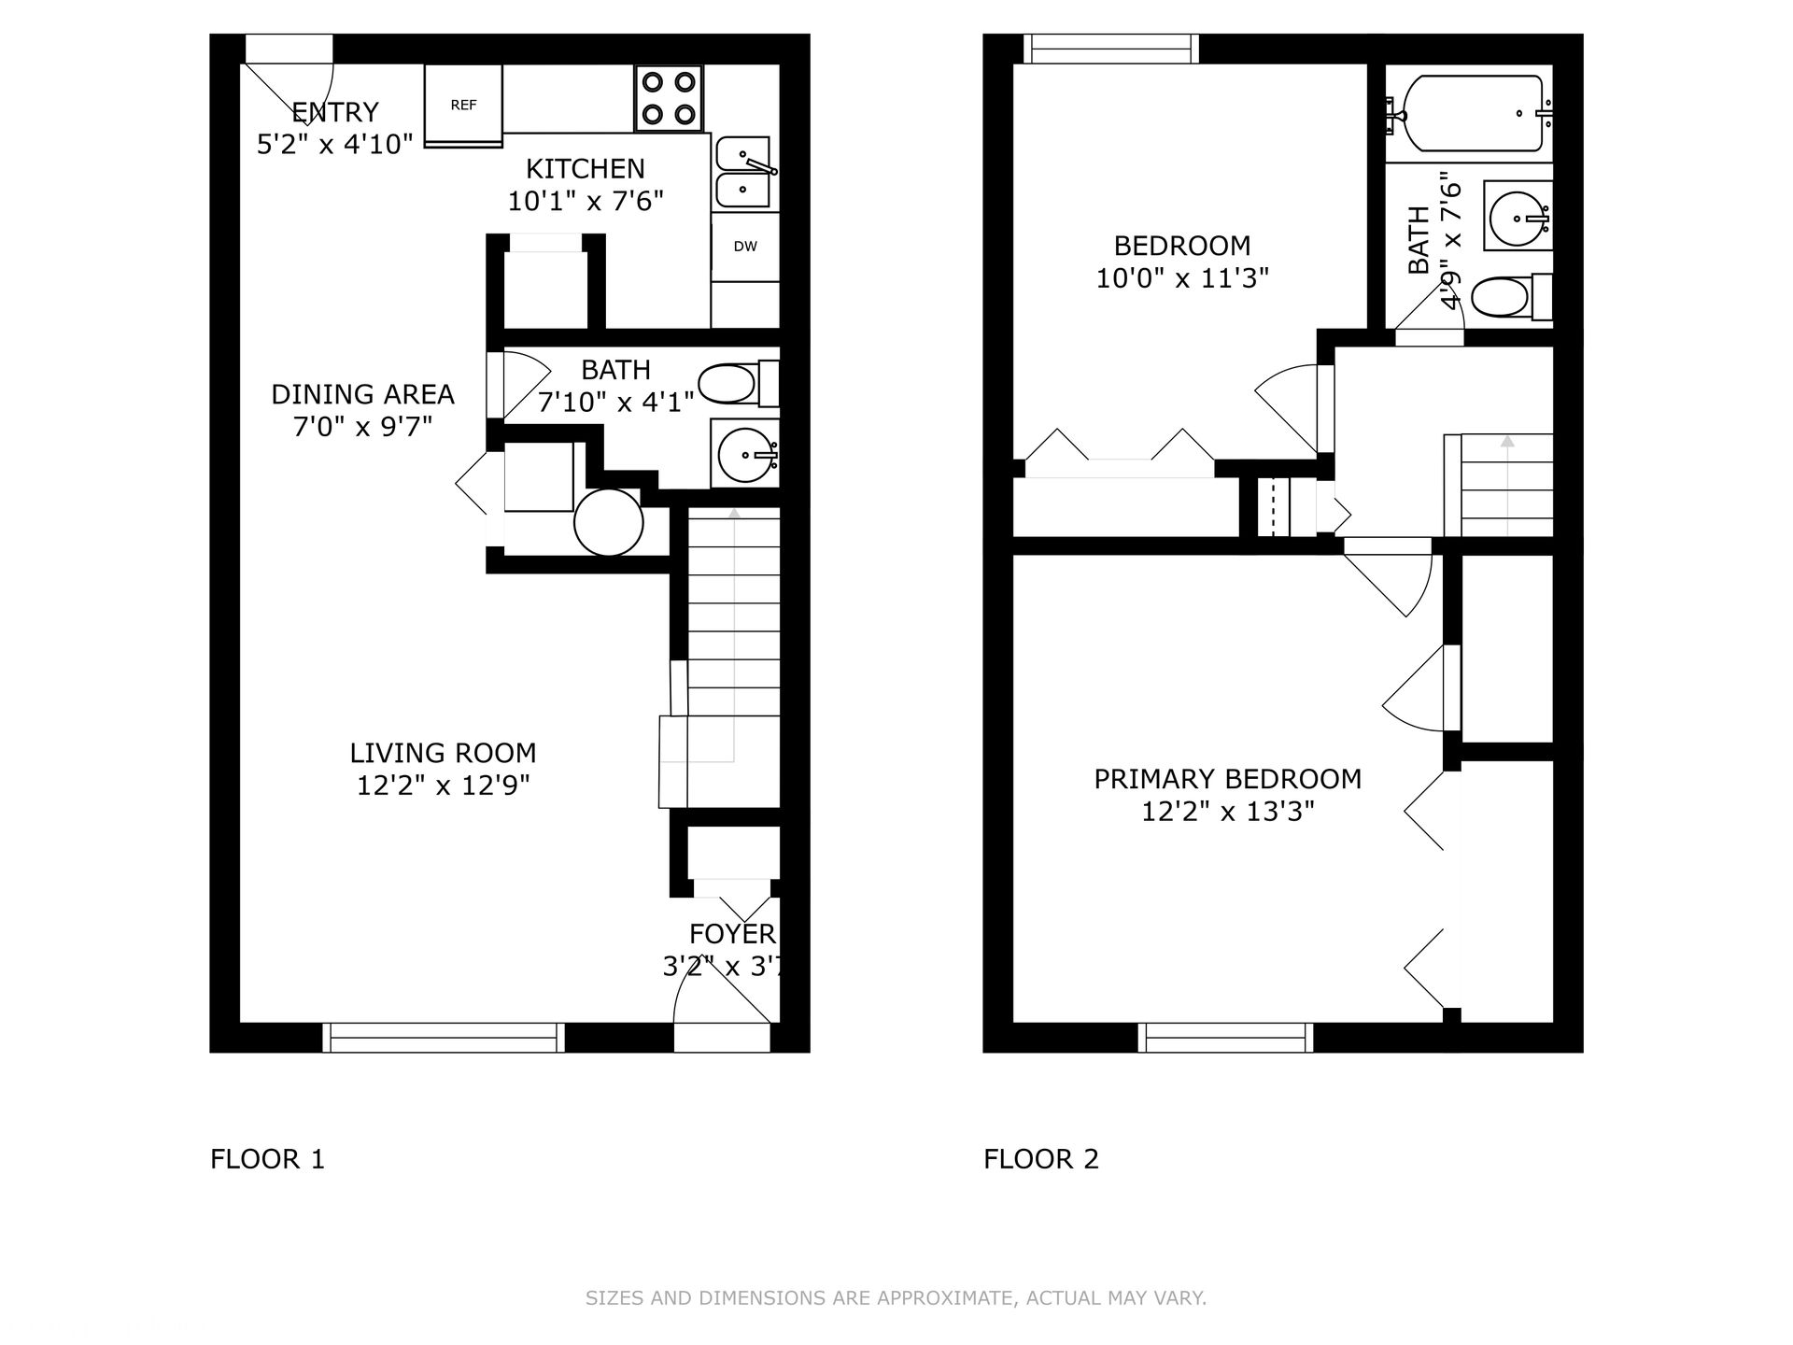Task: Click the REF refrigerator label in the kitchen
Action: [464, 106]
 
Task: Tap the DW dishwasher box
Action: [745, 248]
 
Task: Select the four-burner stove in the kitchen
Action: [670, 98]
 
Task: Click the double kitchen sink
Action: [744, 173]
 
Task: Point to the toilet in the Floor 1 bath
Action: [739, 384]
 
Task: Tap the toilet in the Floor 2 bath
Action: [1512, 298]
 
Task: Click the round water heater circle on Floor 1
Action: [609, 523]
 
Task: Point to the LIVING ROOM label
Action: [443, 753]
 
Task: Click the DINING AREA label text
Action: [362, 394]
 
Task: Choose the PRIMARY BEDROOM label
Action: [1227, 779]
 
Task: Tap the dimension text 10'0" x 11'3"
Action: [1182, 278]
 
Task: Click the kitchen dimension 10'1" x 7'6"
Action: [586, 201]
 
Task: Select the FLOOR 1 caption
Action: [267, 1159]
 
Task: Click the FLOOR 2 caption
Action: [1041, 1159]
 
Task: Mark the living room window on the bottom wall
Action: [444, 1038]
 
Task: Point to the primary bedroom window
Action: [1225, 1038]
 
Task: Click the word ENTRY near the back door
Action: [335, 112]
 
